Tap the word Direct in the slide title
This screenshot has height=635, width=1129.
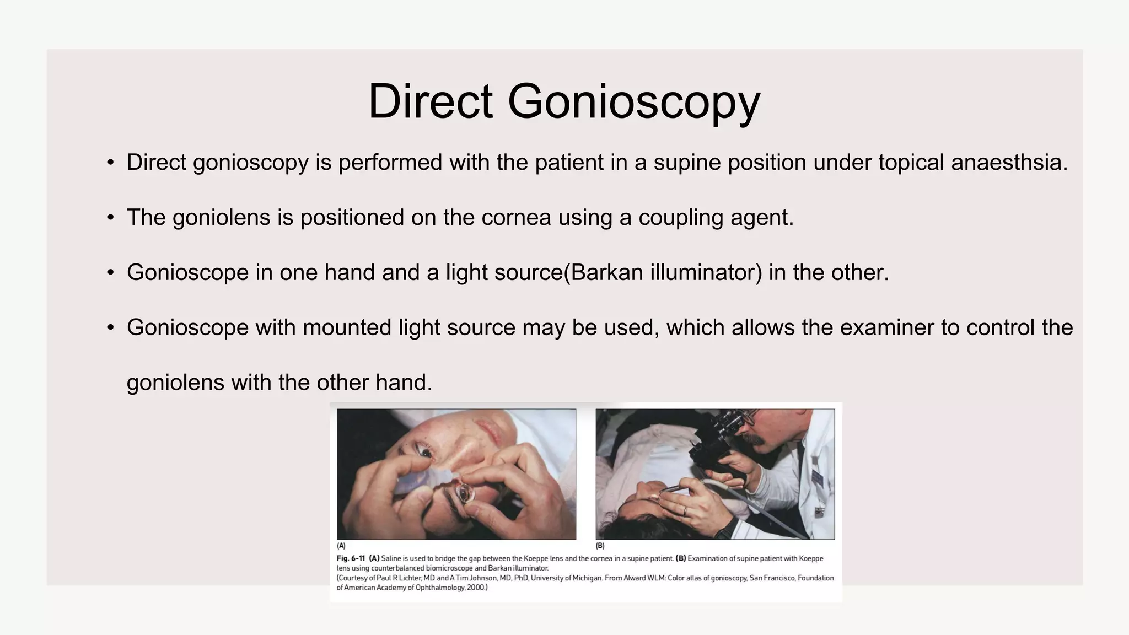[430, 101]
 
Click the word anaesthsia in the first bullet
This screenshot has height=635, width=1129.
[1009, 163]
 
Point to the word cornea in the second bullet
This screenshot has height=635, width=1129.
[516, 218]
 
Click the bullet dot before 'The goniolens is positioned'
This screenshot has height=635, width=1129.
[111, 218]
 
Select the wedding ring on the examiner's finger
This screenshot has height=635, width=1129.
[685, 510]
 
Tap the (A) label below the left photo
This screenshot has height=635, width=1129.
[341, 546]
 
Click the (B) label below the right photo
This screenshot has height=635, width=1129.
[600, 546]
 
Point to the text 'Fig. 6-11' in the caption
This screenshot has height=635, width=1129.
[351, 558]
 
